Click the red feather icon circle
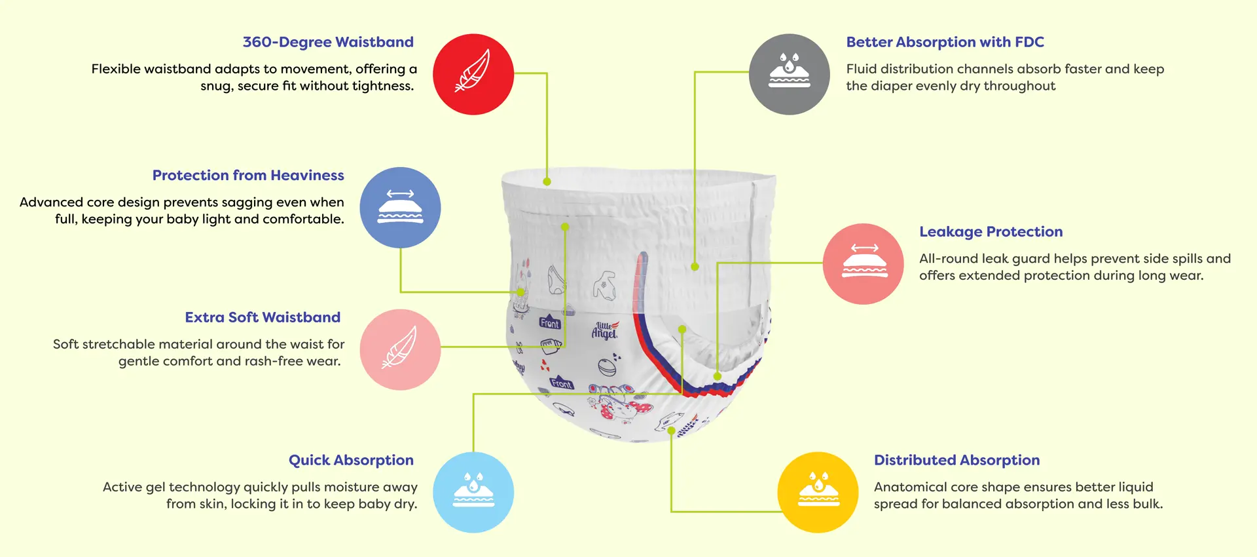[473, 74]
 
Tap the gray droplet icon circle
[790, 74]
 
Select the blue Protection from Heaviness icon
[400, 208]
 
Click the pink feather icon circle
[400, 349]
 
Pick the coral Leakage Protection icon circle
[864, 263]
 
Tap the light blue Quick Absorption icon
[473, 492]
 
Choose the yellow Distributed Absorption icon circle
[818, 492]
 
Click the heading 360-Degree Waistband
[328, 42]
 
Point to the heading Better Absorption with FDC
[945, 42]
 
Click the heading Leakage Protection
[991, 231]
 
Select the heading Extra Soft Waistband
[263, 317]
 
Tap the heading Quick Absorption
[351, 460]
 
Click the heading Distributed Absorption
[956, 460]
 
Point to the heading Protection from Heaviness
[248, 175]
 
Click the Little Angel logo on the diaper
[604, 330]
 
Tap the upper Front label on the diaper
[550, 323]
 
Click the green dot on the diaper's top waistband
[547, 182]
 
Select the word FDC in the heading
[1029, 42]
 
